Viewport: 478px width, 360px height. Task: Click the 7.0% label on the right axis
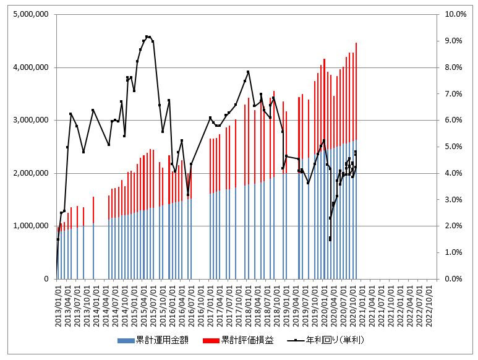point(455,93)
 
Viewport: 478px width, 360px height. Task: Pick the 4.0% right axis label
point(455,173)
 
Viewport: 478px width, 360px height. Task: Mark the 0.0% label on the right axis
point(455,279)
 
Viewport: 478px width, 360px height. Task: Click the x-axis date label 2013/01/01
point(58,304)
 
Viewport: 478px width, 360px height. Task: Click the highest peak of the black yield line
point(147,36)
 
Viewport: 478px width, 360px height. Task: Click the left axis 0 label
point(47,279)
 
